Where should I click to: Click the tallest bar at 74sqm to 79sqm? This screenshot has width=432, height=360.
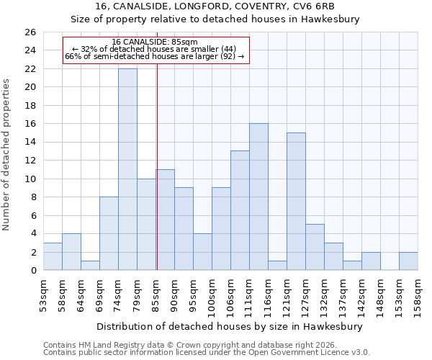(x=127, y=169)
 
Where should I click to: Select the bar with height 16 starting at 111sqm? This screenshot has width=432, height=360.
(x=258, y=197)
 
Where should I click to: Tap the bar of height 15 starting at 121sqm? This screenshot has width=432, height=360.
(x=296, y=202)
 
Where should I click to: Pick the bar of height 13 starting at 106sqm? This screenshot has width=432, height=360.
(x=240, y=210)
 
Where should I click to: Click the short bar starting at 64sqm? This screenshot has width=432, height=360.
(x=90, y=266)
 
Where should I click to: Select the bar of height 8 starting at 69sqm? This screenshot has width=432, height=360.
(x=109, y=233)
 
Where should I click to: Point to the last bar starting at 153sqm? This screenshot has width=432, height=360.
(x=408, y=261)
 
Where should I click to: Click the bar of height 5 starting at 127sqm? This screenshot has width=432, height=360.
(x=315, y=247)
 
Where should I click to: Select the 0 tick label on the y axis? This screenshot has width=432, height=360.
(x=32, y=271)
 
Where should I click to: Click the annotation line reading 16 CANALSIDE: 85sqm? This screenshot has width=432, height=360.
(x=155, y=42)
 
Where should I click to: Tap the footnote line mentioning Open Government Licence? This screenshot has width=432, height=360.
(x=207, y=353)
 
